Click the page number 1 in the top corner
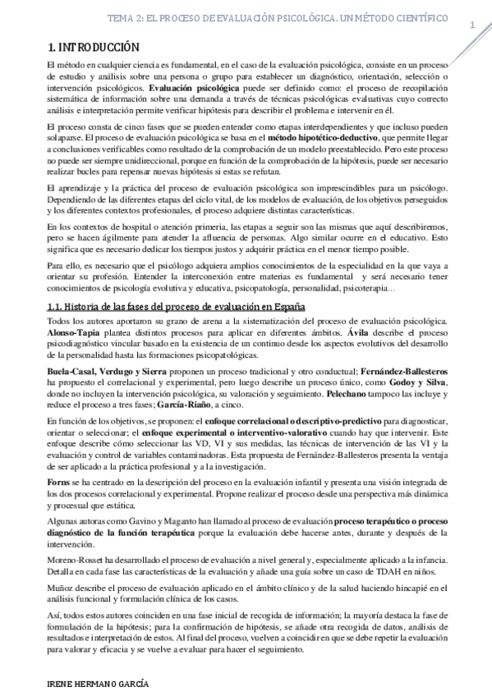(x=472, y=24)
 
